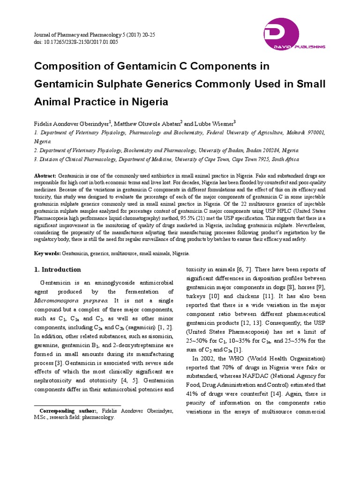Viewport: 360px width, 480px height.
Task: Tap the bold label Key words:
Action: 47,253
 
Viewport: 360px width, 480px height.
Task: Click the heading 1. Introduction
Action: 58,270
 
